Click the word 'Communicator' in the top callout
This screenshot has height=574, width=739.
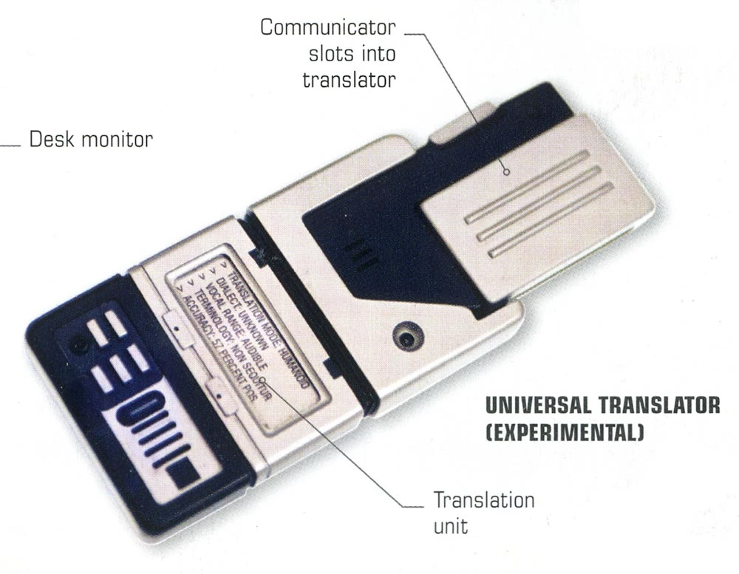(328, 30)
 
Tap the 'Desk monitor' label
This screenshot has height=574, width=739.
(91, 139)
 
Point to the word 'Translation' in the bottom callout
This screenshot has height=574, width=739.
(483, 500)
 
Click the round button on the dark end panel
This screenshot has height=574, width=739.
(75, 344)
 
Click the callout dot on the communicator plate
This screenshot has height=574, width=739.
(507, 172)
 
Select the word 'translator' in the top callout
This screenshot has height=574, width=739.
(349, 80)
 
